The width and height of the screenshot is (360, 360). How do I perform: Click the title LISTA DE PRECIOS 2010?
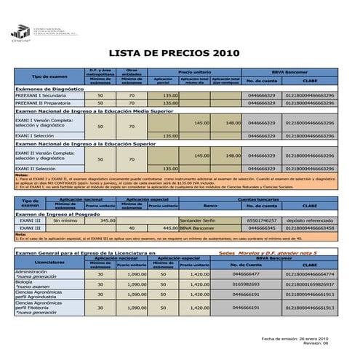click(x=162, y=53)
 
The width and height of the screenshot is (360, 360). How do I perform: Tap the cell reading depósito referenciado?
click(x=310, y=220)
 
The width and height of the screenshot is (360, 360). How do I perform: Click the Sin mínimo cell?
click(x=65, y=220)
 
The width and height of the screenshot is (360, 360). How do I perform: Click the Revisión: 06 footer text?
click(x=316, y=344)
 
